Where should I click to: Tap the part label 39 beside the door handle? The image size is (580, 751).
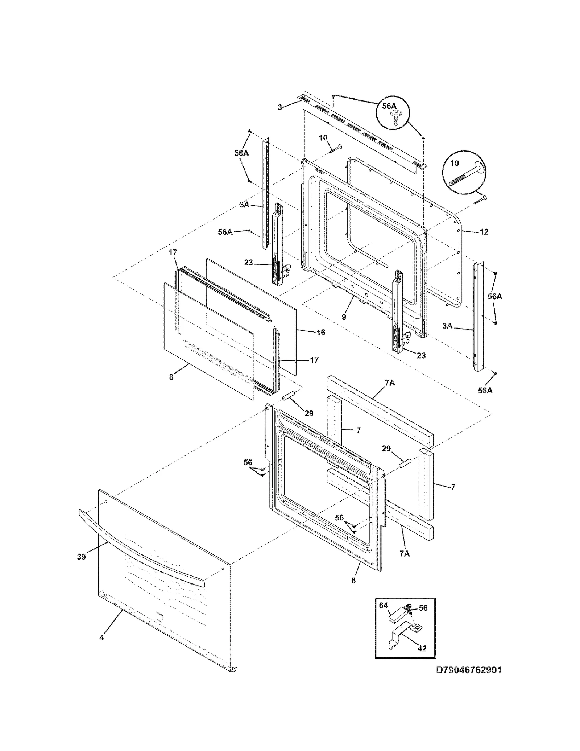pyautogui.click(x=81, y=556)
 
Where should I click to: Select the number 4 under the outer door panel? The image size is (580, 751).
pyautogui.click(x=101, y=637)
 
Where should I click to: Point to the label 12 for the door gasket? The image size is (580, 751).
pyautogui.click(x=484, y=232)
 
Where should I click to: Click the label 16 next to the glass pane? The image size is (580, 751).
pyautogui.click(x=320, y=332)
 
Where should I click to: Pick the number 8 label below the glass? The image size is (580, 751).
pyautogui.click(x=171, y=377)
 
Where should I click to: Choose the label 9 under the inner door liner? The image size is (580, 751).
pyautogui.click(x=344, y=317)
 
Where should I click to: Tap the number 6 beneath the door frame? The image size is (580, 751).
pyautogui.click(x=353, y=581)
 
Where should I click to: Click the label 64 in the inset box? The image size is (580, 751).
pyautogui.click(x=384, y=605)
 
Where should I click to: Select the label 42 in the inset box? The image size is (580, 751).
pyautogui.click(x=422, y=648)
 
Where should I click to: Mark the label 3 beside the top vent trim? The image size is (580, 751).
pyautogui.click(x=280, y=107)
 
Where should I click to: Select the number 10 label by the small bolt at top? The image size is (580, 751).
pyautogui.click(x=323, y=138)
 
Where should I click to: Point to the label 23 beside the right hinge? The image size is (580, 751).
pyautogui.click(x=421, y=355)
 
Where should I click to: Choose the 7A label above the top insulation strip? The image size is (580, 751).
pyautogui.click(x=390, y=383)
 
